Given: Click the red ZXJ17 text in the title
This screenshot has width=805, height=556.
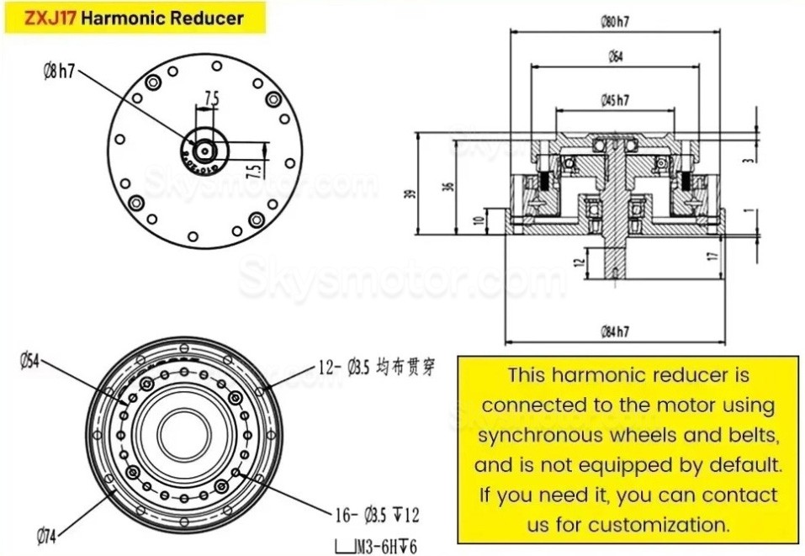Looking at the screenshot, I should coord(50,18).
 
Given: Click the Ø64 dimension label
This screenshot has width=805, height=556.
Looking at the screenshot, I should coord(617,58).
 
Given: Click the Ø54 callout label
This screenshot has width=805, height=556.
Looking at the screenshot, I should coord(30,361).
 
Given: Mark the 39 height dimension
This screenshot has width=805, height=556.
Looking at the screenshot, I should coord(410,193).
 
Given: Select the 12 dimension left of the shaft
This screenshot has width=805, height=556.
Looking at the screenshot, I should coord(579,262).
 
